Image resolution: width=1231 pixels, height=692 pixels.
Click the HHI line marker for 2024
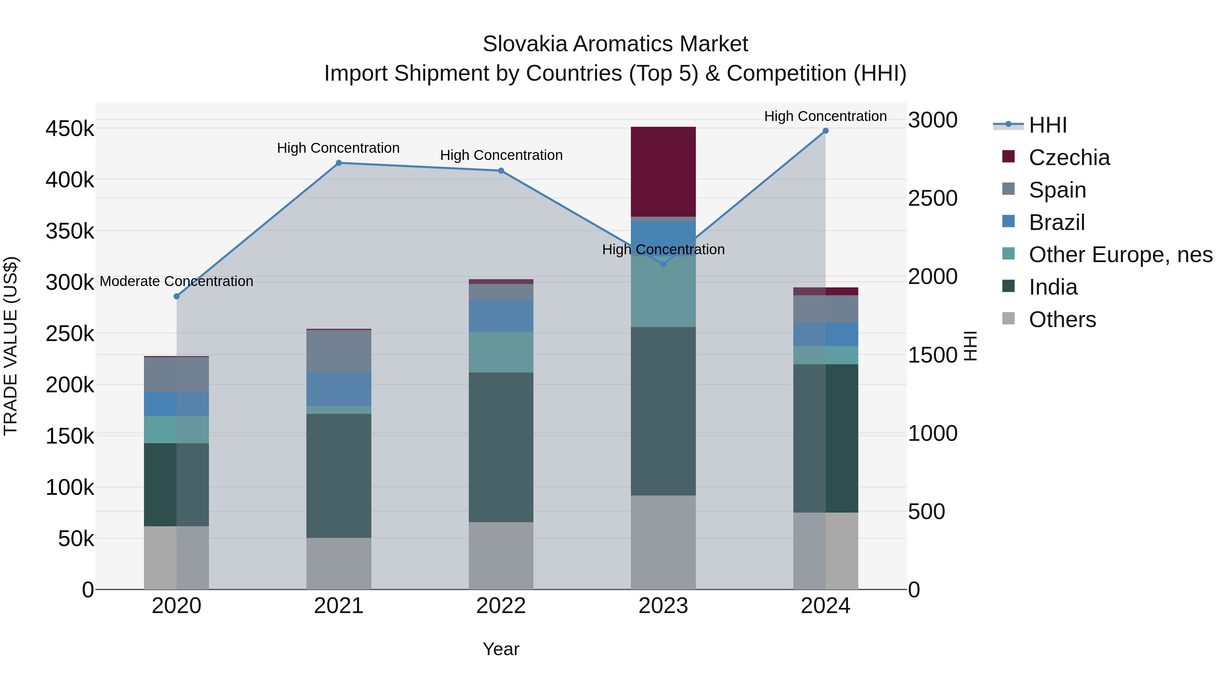click(825, 131)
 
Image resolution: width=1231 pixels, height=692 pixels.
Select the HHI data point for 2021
click(339, 163)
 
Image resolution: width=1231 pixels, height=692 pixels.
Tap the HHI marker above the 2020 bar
click(176, 297)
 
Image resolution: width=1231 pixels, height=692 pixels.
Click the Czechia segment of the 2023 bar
click(663, 172)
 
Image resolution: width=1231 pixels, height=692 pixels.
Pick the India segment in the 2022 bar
click(501, 447)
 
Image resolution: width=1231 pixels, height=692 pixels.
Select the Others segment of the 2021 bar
click(339, 564)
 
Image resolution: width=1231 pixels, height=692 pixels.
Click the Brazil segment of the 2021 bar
click(339, 389)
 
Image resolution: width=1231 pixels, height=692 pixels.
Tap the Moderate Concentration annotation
click(176, 281)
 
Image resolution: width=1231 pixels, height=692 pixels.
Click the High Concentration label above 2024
click(825, 116)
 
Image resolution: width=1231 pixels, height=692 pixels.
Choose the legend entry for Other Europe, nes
click(1120, 255)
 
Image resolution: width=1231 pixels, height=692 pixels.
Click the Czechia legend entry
click(1069, 158)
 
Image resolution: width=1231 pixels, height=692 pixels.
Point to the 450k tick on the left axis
click(70, 129)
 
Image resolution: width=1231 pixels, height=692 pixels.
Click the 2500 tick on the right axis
click(932, 198)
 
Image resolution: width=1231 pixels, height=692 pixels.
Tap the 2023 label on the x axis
click(663, 606)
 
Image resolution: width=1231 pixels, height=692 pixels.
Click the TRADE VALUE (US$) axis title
click(11, 346)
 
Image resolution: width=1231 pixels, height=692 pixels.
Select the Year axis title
click(501, 649)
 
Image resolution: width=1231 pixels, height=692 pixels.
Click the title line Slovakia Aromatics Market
click(615, 44)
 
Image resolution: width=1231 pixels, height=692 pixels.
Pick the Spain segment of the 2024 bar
click(825, 309)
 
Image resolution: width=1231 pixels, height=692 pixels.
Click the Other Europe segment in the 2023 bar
click(663, 291)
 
